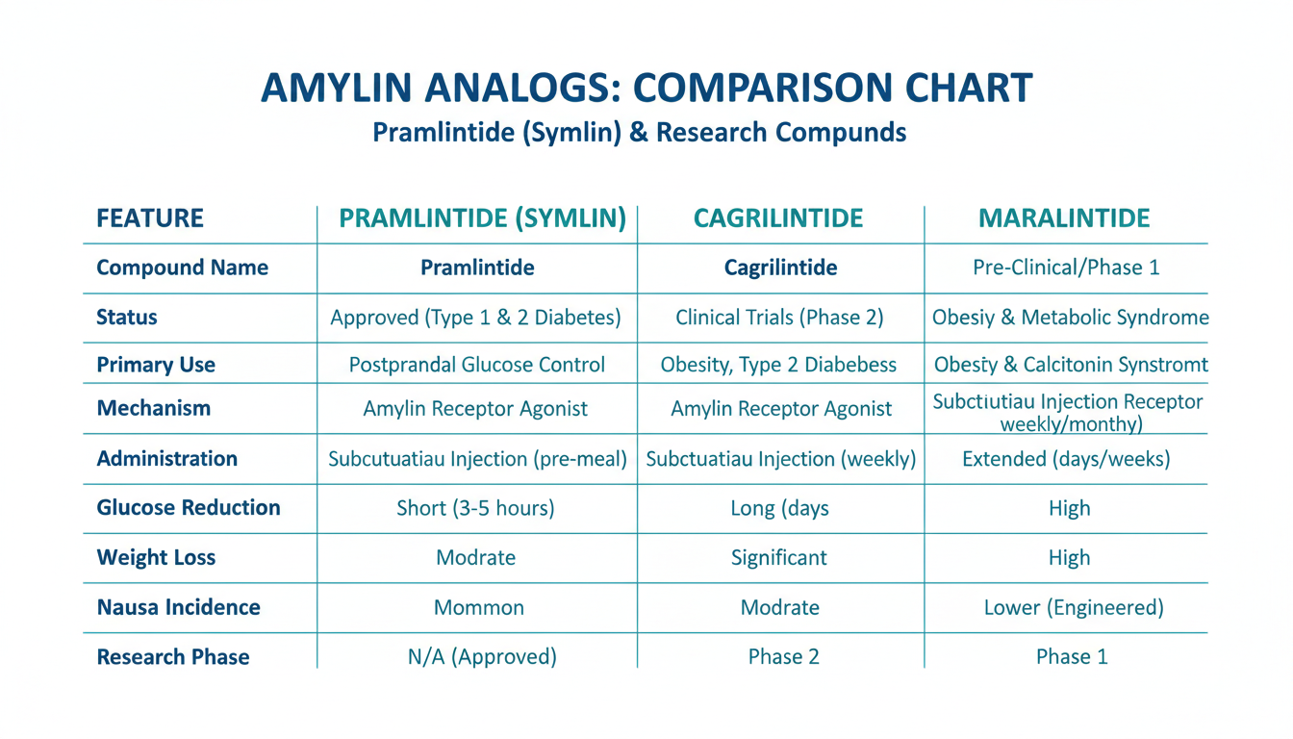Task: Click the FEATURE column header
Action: (150, 218)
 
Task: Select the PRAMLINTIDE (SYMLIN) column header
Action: (483, 218)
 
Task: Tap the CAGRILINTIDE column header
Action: (778, 218)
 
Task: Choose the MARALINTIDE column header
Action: (1064, 218)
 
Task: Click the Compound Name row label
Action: (183, 268)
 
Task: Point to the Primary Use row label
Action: (156, 365)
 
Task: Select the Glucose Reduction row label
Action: (189, 507)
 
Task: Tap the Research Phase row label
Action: (173, 657)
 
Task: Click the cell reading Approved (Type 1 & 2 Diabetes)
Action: (475, 318)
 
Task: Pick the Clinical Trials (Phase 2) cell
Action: (779, 318)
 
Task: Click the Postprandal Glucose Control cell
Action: (477, 365)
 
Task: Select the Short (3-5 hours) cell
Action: (475, 508)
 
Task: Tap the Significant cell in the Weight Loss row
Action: (779, 558)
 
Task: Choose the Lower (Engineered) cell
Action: (1074, 607)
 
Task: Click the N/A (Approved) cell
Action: (483, 657)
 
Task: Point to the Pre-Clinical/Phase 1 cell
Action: (1066, 268)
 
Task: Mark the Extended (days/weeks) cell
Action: (1066, 459)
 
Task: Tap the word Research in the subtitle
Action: (711, 132)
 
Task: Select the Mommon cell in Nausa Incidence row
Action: (479, 607)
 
